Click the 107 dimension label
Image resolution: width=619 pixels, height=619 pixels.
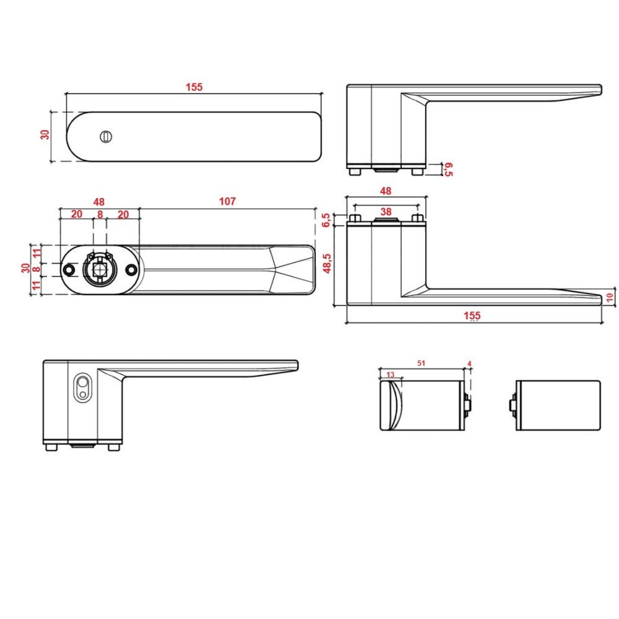click(x=227, y=201)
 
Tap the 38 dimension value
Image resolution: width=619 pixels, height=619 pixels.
click(x=386, y=212)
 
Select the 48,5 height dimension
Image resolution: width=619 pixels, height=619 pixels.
click(x=327, y=263)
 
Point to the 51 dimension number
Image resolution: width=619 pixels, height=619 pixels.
click(x=421, y=363)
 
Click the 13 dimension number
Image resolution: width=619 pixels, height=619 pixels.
click(x=391, y=374)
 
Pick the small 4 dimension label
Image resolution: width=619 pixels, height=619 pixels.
click(x=469, y=363)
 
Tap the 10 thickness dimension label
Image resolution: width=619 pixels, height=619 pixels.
click(x=610, y=297)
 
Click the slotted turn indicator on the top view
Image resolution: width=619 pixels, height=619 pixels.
click(x=106, y=137)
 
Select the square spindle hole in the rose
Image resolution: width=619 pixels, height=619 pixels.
click(x=100, y=270)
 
